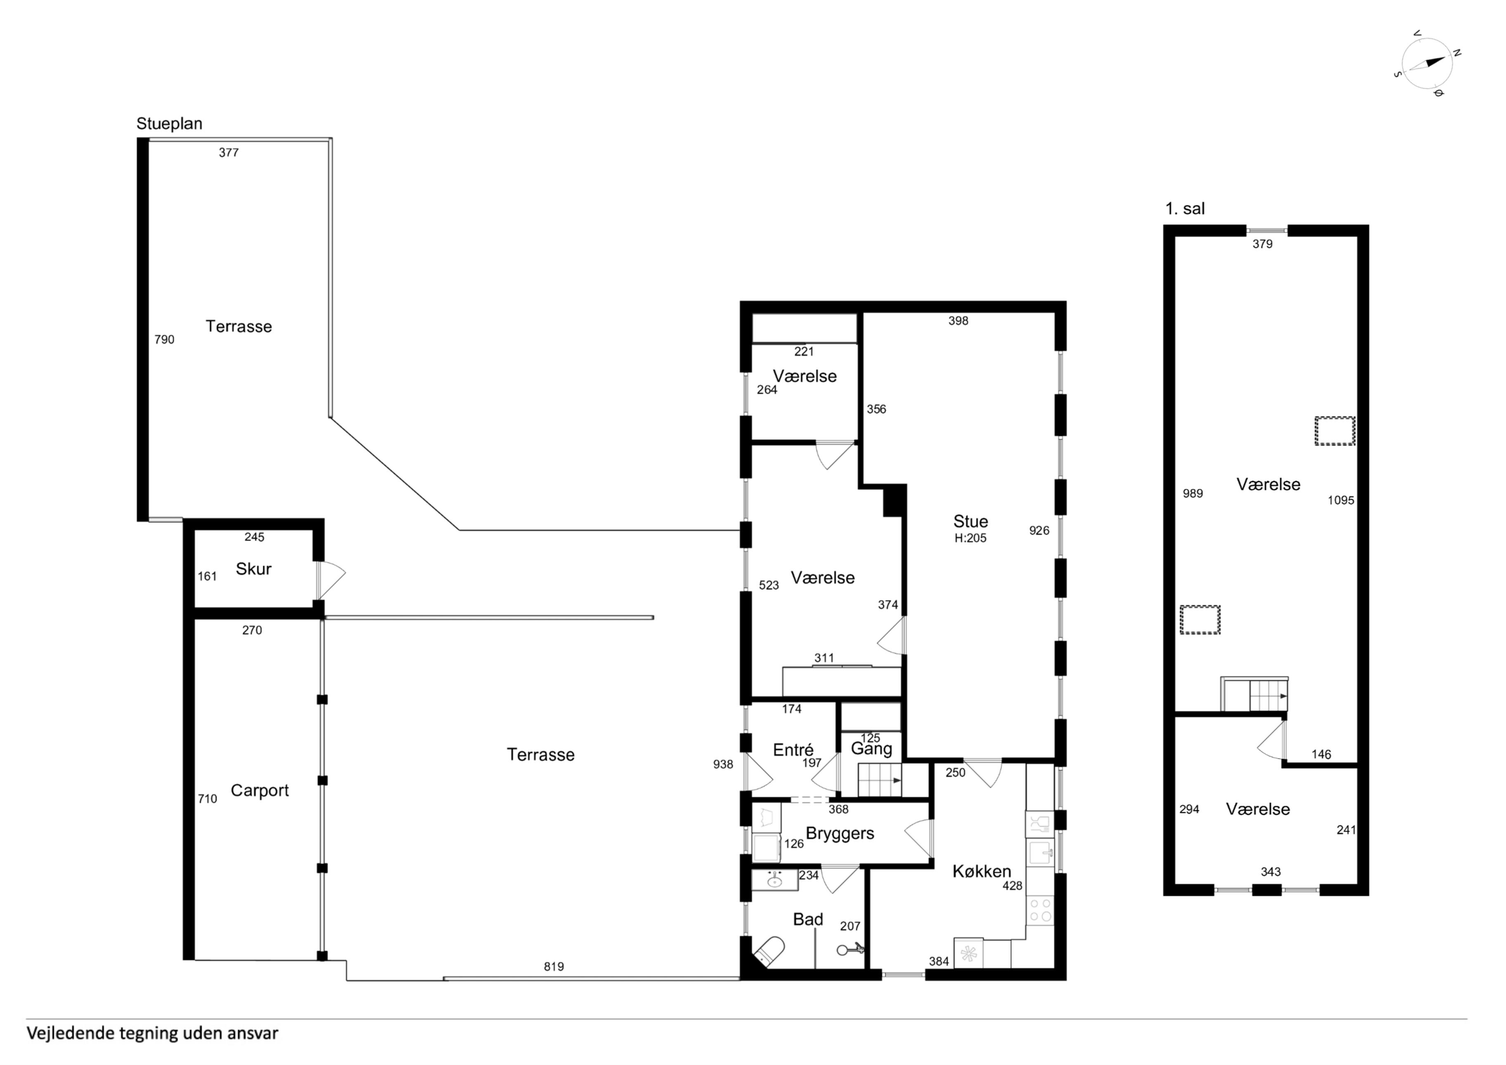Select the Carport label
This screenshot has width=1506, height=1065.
point(260,791)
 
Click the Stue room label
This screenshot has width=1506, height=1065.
point(971,521)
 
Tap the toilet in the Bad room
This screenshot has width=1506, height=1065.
point(770,951)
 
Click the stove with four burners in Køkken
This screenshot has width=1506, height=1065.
point(1040,911)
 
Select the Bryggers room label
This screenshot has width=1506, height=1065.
point(840,833)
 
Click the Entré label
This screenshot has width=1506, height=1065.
point(793,750)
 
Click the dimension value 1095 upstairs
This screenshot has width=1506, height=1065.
point(1341,500)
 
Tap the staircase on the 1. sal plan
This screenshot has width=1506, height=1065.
point(1254,694)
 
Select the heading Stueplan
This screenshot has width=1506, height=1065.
point(169,124)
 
